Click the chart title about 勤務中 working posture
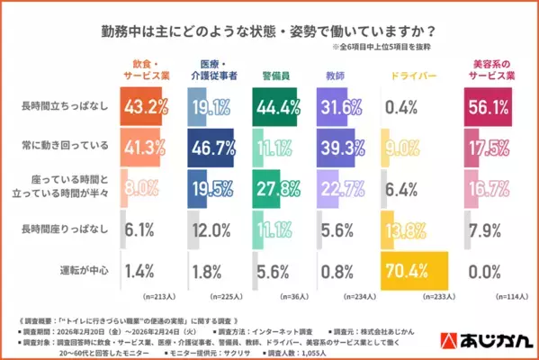[269, 30]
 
